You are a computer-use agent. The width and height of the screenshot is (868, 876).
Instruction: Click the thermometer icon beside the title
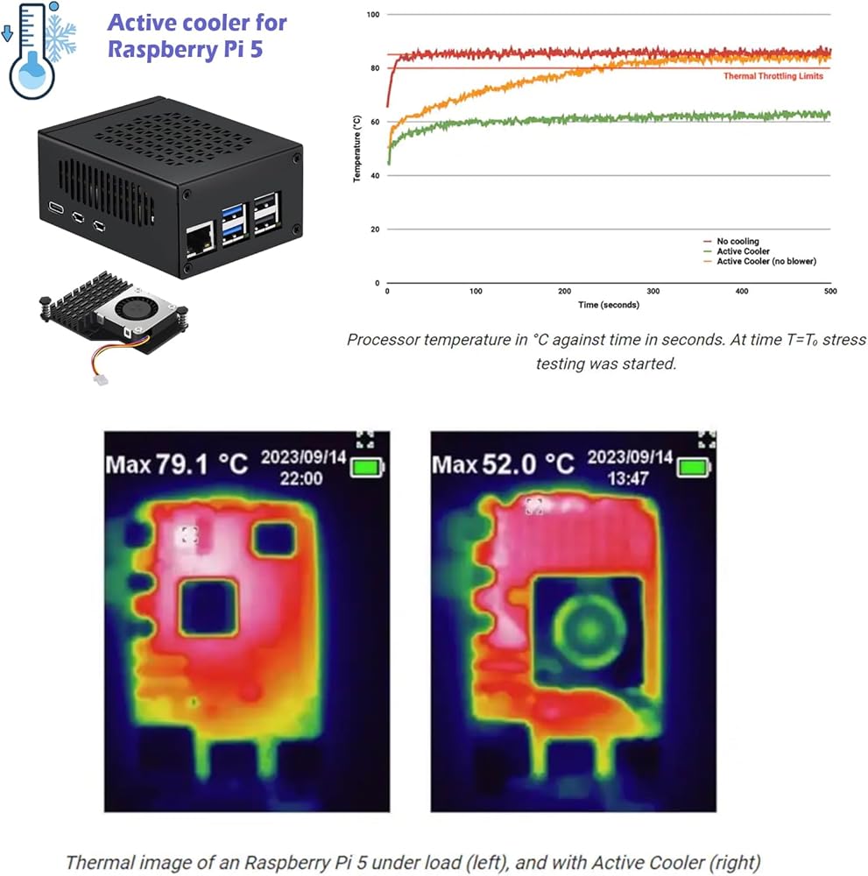tap(31, 51)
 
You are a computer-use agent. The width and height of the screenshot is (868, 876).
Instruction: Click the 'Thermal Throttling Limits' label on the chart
tap(773, 76)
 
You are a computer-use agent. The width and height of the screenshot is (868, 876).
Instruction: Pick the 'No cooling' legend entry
tap(737, 241)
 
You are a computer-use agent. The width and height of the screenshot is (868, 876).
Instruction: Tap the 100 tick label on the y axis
tap(373, 15)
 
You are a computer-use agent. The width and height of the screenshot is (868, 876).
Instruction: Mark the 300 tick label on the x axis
tap(653, 291)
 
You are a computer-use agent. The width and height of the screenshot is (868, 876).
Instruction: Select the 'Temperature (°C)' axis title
tap(357, 149)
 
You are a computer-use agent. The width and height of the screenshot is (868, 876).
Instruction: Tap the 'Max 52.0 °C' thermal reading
tap(504, 464)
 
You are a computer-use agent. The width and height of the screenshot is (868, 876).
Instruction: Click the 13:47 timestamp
tap(630, 478)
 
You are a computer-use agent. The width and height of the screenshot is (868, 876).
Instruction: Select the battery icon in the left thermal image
tap(367, 468)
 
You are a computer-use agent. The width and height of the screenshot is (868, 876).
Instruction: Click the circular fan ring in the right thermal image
tap(588, 628)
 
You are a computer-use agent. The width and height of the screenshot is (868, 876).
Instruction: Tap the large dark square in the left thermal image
tap(208, 607)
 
